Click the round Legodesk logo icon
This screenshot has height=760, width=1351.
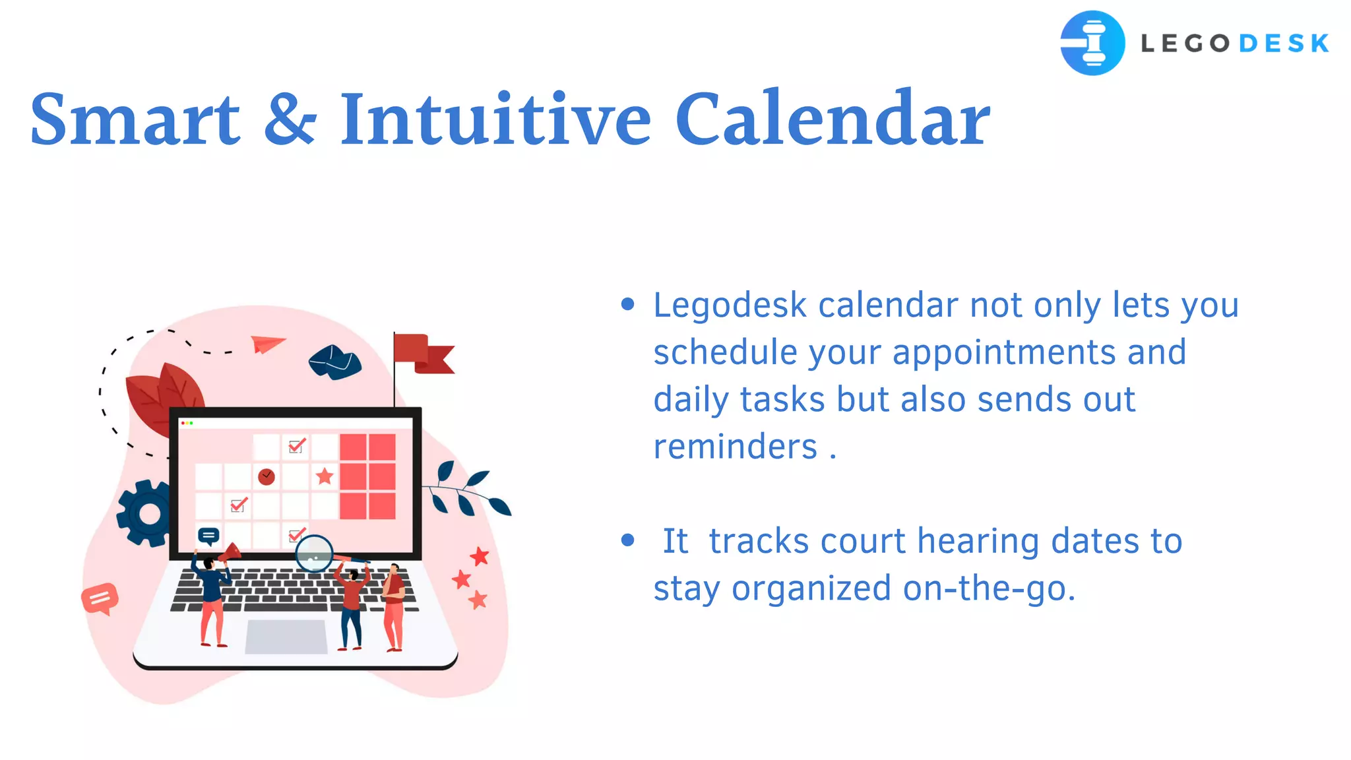click(x=1092, y=43)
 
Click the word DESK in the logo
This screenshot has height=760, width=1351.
click(x=1284, y=44)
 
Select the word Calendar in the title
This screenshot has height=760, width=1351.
click(x=832, y=120)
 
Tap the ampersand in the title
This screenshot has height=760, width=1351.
click(x=290, y=120)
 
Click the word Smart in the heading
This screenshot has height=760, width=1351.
click(x=135, y=120)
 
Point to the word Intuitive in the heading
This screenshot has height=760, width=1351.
click(x=495, y=120)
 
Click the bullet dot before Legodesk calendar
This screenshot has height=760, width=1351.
click(x=627, y=304)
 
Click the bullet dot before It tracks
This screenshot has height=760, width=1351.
click(x=627, y=540)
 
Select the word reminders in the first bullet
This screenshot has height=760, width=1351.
click(x=735, y=447)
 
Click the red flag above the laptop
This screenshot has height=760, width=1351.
click(x=422, y=354)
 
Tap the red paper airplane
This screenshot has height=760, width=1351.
click(x=267, y=343)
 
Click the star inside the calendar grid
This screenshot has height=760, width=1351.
click(x=325, y=476)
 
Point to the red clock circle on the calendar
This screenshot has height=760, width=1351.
click(x=267, y=476)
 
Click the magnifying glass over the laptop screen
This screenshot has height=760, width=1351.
click(x=314, y=554)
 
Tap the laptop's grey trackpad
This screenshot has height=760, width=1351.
click(x=286, y=637)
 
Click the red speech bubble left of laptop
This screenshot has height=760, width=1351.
click(x=100, y=598)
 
